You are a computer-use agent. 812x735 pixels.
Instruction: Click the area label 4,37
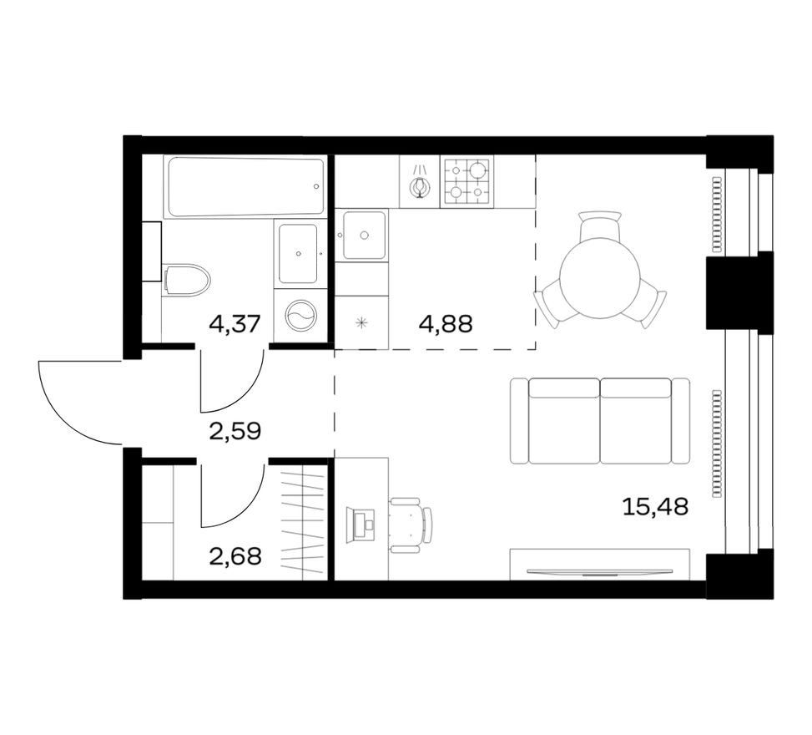tap(233, 325)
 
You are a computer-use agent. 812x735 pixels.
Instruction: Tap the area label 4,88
tap(446, 324)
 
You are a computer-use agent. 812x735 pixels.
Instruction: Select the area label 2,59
tap(235, 431)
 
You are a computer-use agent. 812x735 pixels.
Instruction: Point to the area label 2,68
tap(235, 557)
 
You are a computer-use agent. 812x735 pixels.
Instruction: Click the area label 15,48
tap(655, 507)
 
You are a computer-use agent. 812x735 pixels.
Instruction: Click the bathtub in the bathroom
tap(245, 186)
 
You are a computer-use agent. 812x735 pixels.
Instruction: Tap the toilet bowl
tap(186, 280)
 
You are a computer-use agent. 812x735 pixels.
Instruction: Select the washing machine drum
tap(300, 317)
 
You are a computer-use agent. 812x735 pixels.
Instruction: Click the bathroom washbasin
tap(298, 253)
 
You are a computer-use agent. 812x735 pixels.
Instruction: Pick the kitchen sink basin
tap(364, 236)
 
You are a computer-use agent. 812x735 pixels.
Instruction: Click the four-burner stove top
tap(466, 181)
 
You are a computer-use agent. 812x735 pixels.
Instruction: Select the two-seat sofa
tap(600, 421)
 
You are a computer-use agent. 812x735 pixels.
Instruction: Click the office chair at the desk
tap(411, 525)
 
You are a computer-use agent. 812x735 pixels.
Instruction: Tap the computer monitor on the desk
tap(360, 525)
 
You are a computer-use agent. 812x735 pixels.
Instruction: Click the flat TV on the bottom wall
tap(599, 572)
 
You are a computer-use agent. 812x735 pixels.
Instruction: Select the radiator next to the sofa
tap(717, 444)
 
